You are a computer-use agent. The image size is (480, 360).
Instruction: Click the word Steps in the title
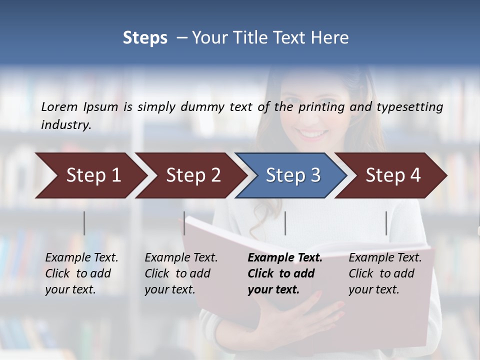145,38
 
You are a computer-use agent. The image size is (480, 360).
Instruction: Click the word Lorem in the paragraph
59,107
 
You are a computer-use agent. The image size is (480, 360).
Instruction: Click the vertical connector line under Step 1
84,223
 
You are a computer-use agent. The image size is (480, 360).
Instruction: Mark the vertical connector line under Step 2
184,223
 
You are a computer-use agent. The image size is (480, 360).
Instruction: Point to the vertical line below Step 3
285,223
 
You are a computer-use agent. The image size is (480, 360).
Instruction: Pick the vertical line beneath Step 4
386,223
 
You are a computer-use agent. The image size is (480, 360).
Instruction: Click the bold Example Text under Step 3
285,258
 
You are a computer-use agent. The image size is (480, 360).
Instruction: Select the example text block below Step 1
81,273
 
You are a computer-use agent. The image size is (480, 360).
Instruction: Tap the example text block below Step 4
385,273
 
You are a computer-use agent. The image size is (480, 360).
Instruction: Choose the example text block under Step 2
181,273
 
